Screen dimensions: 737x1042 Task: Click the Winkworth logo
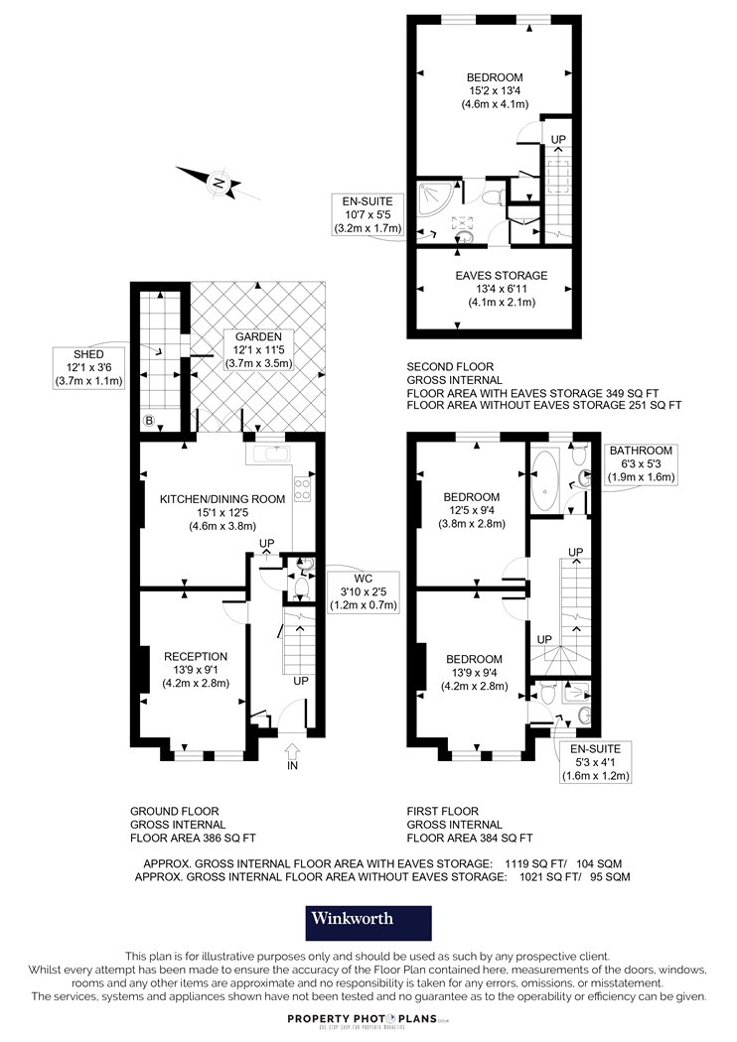click(x=368, y=923)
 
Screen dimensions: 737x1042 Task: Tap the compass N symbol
click(x=219, y=182)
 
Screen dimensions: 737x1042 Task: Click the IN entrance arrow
click(x=292, y=751)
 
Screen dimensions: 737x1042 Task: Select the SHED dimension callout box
click(x=89, y=367)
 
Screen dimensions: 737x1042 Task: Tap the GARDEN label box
click(x=259, y=350)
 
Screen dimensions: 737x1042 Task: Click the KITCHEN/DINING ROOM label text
click(x=222, y=499)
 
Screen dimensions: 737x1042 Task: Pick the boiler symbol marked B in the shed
click(x=149, y=421)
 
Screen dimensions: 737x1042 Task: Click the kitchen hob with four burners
click(x=303, y=489)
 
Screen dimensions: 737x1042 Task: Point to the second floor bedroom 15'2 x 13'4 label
click(x=495, y=90)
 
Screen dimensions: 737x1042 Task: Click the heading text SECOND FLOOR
click(x=450, y=366)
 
